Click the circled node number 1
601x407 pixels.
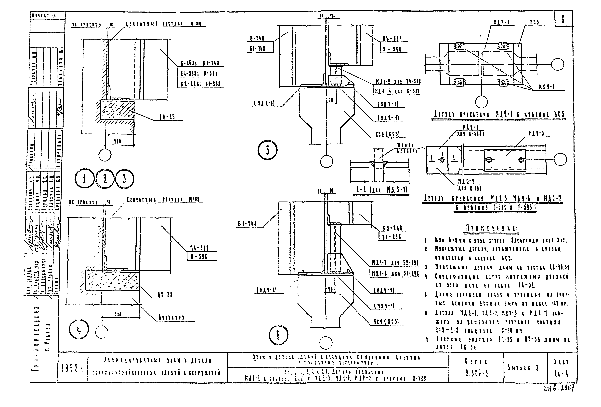85,179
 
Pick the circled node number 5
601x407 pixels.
267,150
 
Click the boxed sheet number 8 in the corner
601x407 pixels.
563,19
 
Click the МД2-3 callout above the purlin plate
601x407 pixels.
536,134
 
